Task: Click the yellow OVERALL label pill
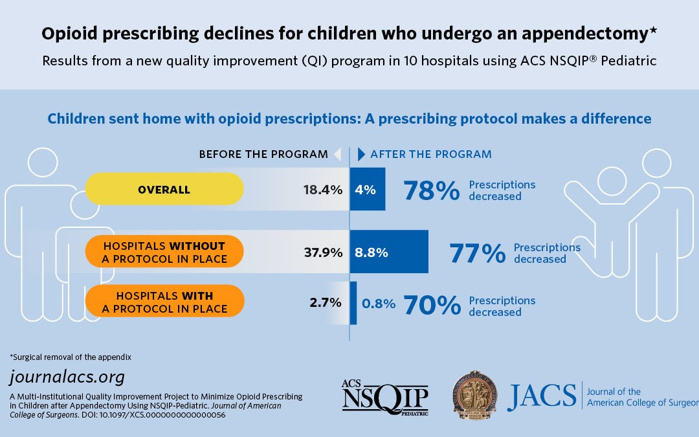click(x=164, y=190)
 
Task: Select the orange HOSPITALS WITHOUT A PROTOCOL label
click(x=164, y=252)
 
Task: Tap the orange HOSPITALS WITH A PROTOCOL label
click(x=164, y=302)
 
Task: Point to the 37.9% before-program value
click(x=323, y=252)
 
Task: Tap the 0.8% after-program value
click(x=379, y=303)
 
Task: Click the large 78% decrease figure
click(x=431, y=191)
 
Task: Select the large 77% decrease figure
click(x=477, y=254)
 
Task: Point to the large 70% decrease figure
click(x=431, y=306)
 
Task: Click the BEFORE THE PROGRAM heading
click(x=263, y=154)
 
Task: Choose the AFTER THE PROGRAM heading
click(x=430, y=154)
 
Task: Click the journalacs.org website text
click(x=67, y=377)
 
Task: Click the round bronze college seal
click(x=476, y=394)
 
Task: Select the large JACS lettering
click(x=542, y=397)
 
